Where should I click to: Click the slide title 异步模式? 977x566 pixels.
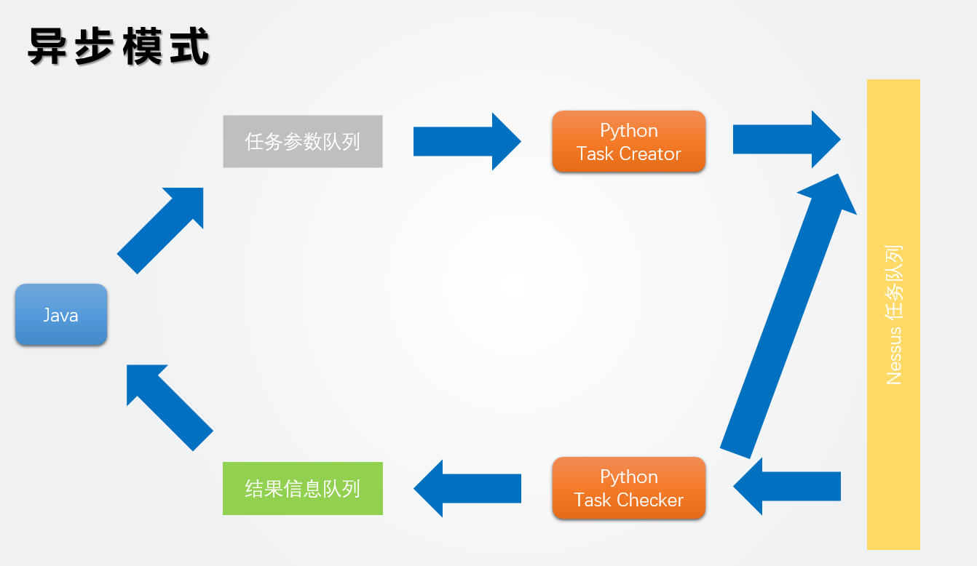click(119, 46)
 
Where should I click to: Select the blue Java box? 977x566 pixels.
click(61, 314)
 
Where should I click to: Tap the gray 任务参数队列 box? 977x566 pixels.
click(303, 142)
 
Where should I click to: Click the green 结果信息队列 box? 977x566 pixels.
click(303, 488)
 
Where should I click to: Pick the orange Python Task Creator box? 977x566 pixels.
click(629, 142)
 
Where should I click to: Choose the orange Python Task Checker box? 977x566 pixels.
click(629, 488)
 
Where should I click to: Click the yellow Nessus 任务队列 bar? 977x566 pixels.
click(893, 314)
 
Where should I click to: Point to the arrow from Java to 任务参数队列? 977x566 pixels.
click(160, 231)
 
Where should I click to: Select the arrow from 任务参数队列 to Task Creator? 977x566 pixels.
click(467, 141)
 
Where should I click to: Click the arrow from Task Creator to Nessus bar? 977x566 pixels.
click(787, 140)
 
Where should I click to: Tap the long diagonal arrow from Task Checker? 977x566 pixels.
click(788, 316)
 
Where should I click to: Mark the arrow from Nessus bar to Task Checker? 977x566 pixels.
click(787, 486)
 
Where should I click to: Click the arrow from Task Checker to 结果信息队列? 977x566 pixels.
click(467, 488)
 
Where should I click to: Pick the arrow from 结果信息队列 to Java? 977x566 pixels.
click(170, 408)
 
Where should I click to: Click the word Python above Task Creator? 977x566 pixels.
click(629, 131)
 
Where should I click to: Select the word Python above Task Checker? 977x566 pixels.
click(629, 477)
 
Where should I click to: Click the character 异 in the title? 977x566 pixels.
click(47, 46)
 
